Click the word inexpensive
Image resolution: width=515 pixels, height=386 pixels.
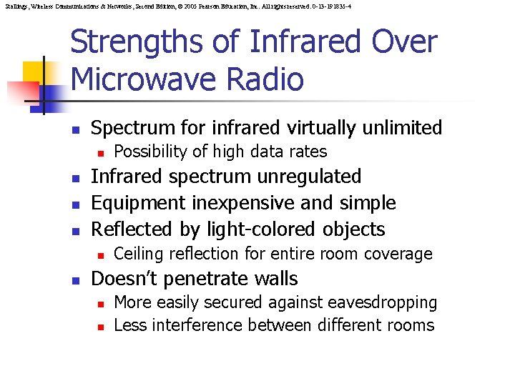point(247,203)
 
